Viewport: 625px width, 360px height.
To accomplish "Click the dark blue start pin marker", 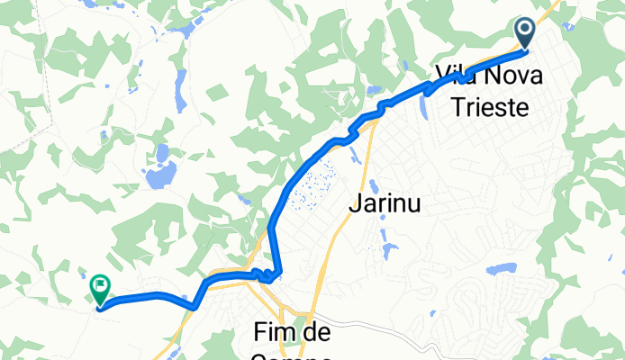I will pyautogui.click(x=526, y=32).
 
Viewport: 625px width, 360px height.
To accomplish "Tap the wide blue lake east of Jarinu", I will pyautogui.click(x=501, y=269).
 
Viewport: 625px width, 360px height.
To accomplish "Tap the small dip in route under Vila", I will pyautogui.click(x=461, y=79).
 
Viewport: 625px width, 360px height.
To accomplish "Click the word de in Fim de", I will pyautogui.click(x=317, y=334).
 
